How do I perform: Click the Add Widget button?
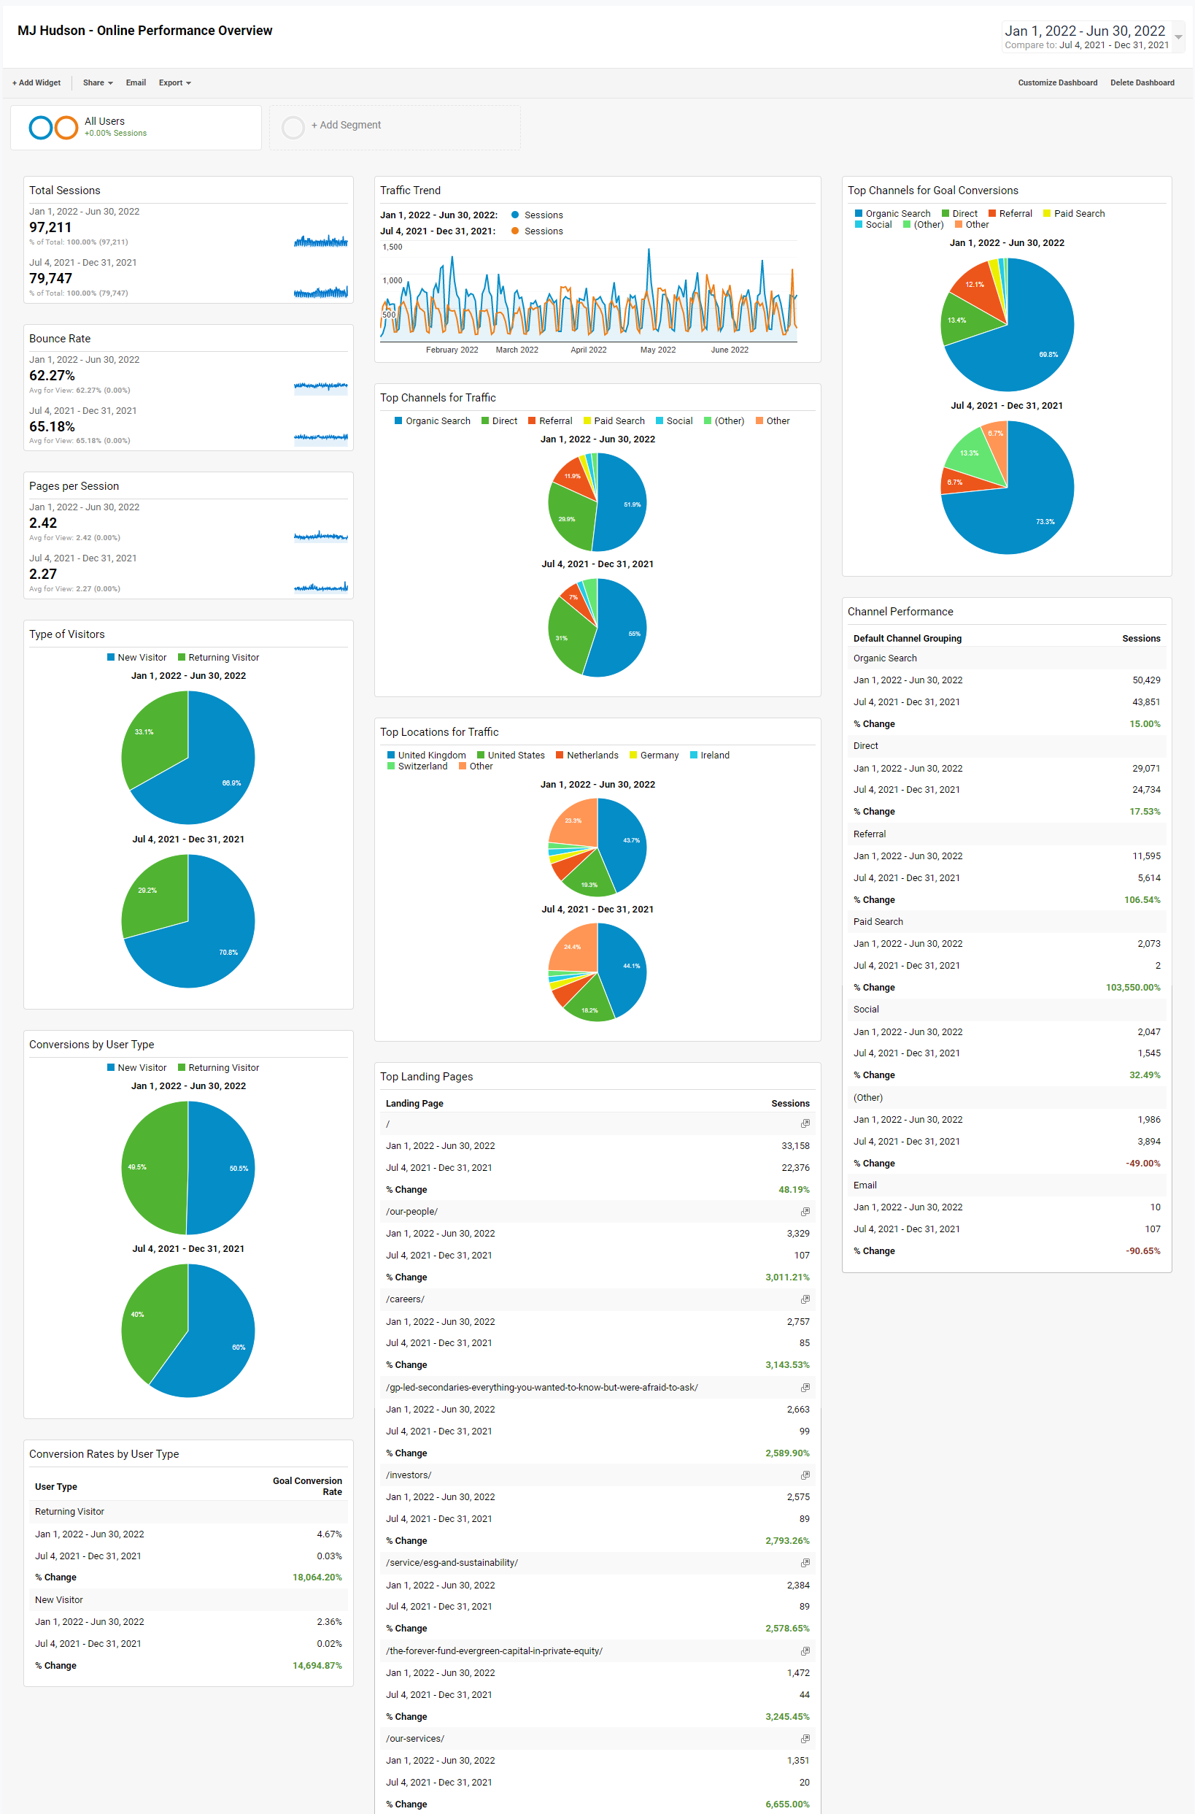pos(36,82)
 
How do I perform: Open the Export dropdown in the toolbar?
pos(174,82)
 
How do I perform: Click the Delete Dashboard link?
pos(1142,82)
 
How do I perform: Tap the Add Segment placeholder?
pos(345,125)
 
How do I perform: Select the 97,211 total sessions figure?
pos(50,227)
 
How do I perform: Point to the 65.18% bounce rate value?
pos(52,426)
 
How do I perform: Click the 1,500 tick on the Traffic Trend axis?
pos(392,247)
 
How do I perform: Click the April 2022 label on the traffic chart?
pos(588,350)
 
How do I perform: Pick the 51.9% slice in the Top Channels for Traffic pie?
pos(625,503)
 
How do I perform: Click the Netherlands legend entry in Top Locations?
pos(592,755)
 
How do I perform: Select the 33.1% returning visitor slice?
pos(152,736)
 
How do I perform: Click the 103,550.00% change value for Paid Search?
pos(1132,988)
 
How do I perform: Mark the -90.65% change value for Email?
pos(1142,1251)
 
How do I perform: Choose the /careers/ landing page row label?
pos(405,1299)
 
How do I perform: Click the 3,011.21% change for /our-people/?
pos(787,1277)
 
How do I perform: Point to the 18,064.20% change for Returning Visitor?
pos(317,1577)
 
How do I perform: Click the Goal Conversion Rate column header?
pos(308,1486)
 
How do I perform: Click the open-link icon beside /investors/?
pos(805,1475)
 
